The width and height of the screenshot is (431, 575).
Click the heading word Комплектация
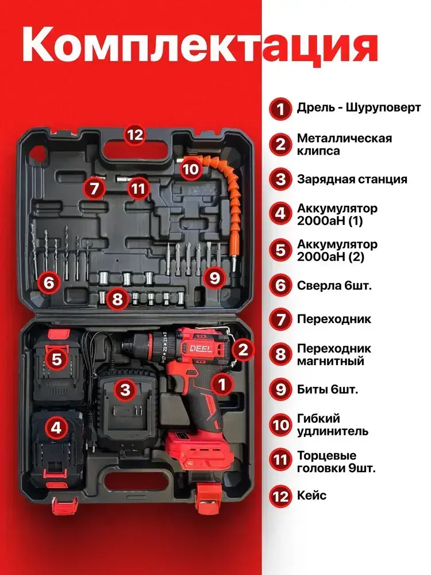tap(200, 44)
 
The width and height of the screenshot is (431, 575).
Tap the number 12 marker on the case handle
tap(134, 135)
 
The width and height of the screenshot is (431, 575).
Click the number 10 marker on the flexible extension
tap(190, 169)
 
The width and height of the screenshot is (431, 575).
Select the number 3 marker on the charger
tap(125, 389)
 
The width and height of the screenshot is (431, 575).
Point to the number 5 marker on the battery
tap(57, 359)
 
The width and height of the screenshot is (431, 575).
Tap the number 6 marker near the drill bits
tap(49, 282)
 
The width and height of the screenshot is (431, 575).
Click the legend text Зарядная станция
tap(352, 179)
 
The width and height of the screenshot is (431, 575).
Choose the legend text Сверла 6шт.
tap(334, 285)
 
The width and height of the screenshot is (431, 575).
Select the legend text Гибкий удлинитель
tap(332, 425)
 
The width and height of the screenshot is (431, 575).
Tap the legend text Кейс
tap(311, 496)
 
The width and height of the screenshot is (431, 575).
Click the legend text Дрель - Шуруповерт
tap(359, 108)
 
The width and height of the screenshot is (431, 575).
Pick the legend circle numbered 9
tap(280, 389)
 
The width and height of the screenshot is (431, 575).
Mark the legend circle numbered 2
tap(280, 144)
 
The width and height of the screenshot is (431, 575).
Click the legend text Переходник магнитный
tap(334, 355)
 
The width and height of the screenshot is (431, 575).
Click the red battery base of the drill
tap(200, 450)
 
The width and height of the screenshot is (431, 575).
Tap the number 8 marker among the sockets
tap(117, 299)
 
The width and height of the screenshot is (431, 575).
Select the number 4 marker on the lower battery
tap(56, 427)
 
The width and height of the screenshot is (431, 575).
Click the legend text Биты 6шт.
tap(328, 389)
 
